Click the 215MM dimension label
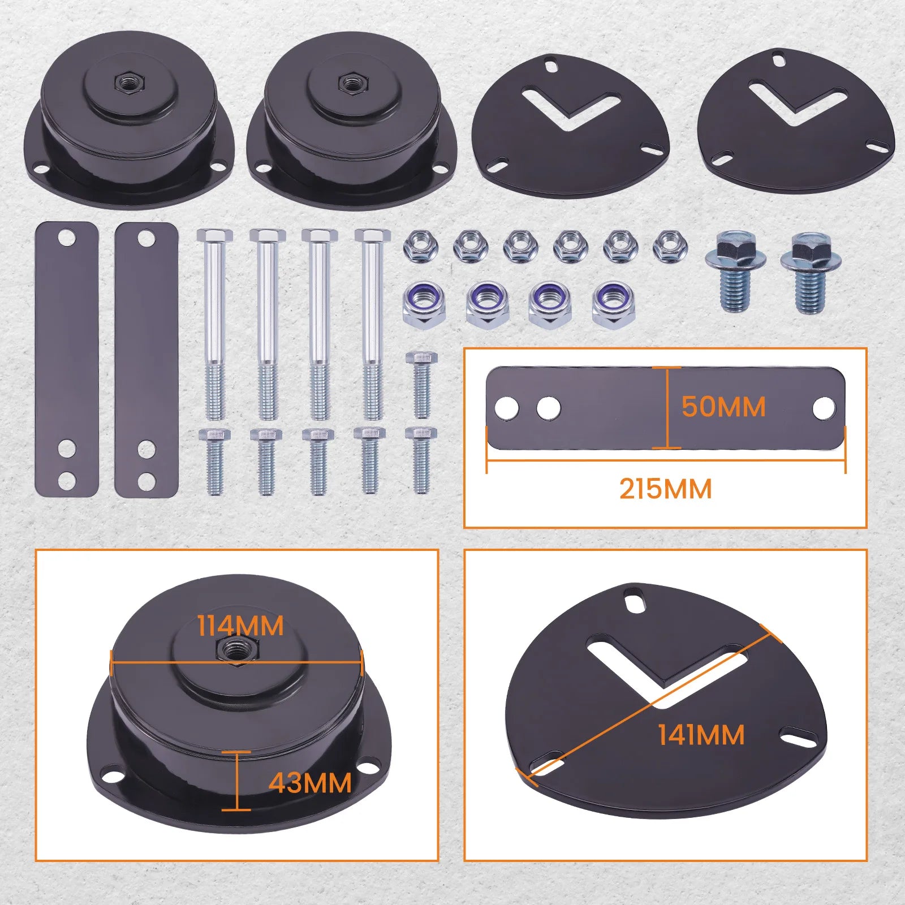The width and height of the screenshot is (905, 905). (x=665, y=489)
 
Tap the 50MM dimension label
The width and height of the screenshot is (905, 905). (x=723, y=407)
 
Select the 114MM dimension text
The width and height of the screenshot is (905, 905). (x=240, y=626)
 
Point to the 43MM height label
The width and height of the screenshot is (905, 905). (x=310, y=783)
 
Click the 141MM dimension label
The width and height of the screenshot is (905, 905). (x=701, y=735)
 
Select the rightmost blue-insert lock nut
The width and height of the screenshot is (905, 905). (x=613, y=304)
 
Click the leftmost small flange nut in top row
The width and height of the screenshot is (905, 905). (x=420, y=247)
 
